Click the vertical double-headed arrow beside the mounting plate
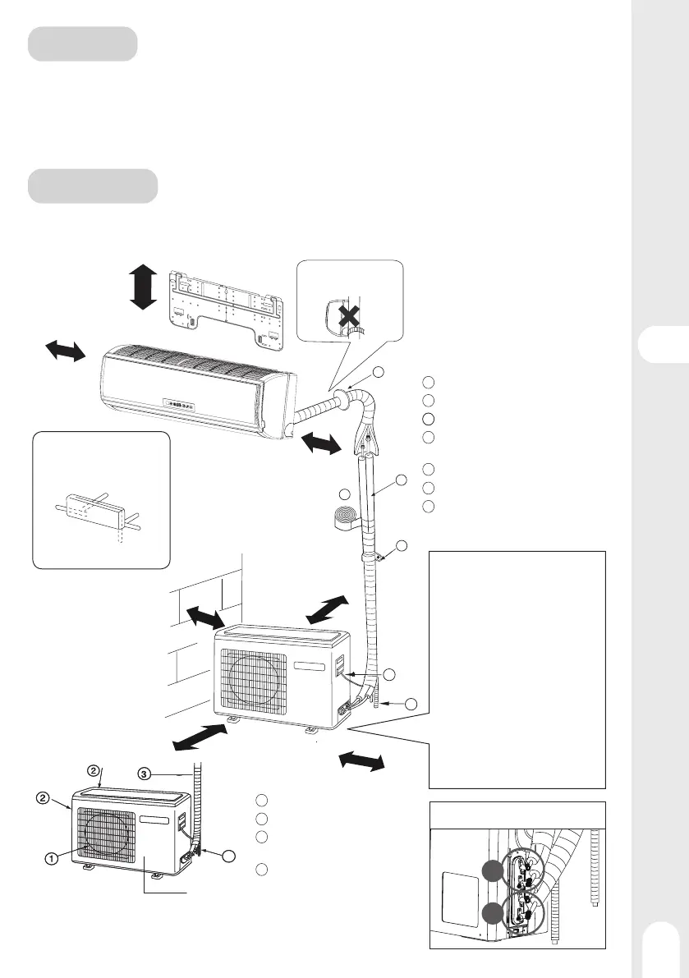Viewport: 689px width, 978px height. coord(143,287)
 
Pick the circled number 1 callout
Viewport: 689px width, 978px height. coord(51,859)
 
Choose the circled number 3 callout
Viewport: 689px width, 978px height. coord(144,773)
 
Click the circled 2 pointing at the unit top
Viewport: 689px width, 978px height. coord(94,770)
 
